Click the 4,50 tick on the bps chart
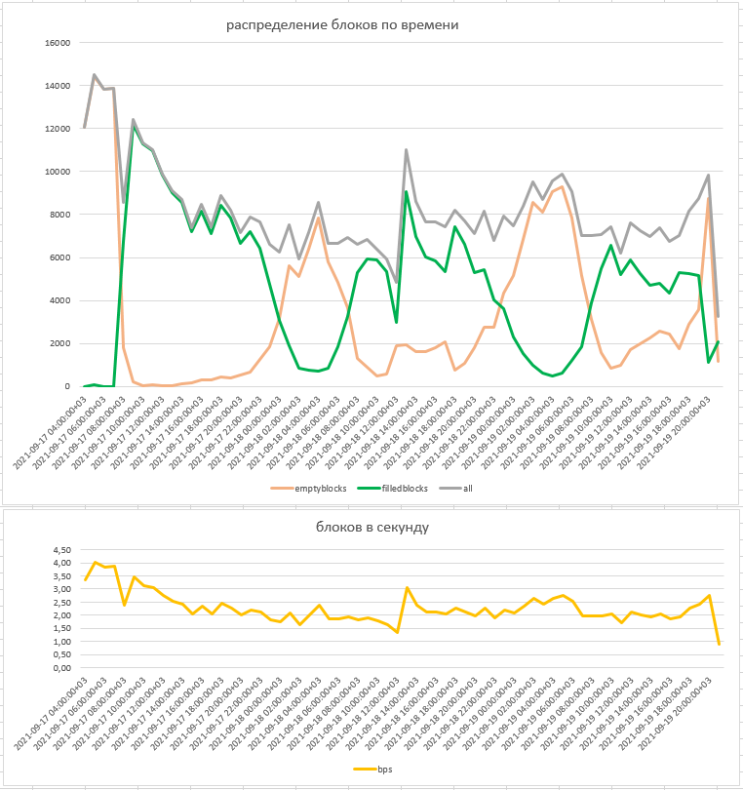[x=61, y=549]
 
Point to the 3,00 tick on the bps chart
[x=61, y=589]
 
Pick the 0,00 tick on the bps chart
[x=61, y=668]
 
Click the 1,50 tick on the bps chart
[x=61, y=628]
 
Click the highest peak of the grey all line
[x=95, y=74]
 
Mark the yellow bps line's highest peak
[x=95, y=562]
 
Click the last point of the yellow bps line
[x=719, y=644]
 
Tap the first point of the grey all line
[x=85, y=127]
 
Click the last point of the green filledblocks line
[x=719, y=341]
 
